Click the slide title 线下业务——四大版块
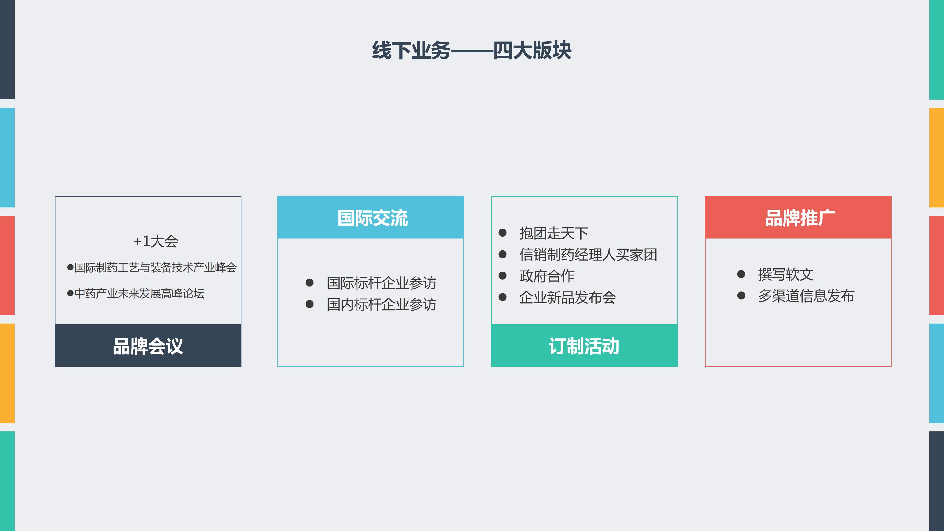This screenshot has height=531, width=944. tap(472, 50)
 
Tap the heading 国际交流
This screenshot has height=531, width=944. tap(372, 218)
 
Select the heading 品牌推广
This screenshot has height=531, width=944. tap(800, 218)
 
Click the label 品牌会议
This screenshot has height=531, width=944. tap(148, 346)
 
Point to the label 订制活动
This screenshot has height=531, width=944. tap(584, 346)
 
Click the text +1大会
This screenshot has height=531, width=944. tap(156, 241)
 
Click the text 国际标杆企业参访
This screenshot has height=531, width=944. tap(381, 283)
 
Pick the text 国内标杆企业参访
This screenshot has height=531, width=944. tap(381, 304)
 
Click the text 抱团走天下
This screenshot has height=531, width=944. tap(554, 233)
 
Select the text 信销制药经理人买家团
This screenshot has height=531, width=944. tap(588, 254)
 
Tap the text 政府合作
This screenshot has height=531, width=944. tap(547, 276)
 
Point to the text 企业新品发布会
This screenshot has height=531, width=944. tap(568, 297)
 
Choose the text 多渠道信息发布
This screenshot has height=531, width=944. tap(806, 296)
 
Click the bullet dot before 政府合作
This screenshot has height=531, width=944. tap(503, 276)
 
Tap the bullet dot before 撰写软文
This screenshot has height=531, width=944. tap(741, 274)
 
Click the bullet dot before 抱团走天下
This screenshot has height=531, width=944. tap(503, 233)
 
